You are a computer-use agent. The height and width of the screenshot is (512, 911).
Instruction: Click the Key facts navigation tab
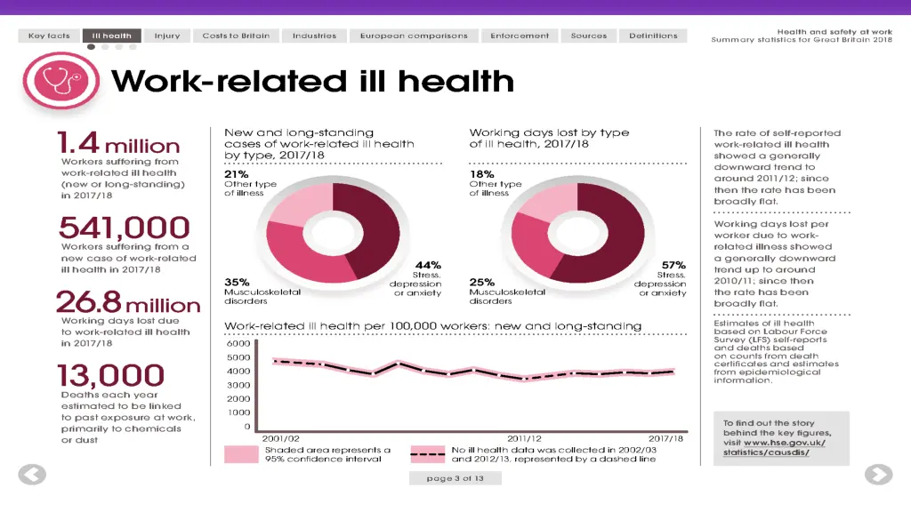point(49,36)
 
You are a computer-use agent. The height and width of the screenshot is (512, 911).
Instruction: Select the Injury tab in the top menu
point(166,36)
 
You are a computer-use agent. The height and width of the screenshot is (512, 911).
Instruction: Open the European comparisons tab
point(414,36)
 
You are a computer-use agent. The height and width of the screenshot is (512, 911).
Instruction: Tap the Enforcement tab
point(520,36)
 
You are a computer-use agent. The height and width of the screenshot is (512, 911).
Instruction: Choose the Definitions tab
point(653,36)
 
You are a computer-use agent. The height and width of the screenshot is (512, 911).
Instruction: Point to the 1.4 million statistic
point(118,144)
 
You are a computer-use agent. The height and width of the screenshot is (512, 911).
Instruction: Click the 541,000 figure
point(124,228)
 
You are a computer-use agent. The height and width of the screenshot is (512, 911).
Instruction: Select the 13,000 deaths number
point(111,376)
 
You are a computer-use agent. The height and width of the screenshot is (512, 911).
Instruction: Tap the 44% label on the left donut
point(428,265)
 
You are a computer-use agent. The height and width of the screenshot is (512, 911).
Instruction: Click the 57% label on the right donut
point(673,265)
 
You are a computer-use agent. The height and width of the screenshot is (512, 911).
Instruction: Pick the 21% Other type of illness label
point(236,174)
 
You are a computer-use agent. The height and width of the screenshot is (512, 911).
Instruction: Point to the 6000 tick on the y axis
point(238,344)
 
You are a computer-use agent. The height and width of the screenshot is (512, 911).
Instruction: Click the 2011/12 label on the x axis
point(524,438)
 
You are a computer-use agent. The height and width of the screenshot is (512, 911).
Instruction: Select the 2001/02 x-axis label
point(280,438)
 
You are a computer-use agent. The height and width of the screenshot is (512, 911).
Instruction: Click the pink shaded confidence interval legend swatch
point(241,454)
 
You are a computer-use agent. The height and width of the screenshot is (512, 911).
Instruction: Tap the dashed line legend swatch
point(428,454)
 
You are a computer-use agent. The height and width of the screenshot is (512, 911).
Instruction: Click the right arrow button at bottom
point(878,475)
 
